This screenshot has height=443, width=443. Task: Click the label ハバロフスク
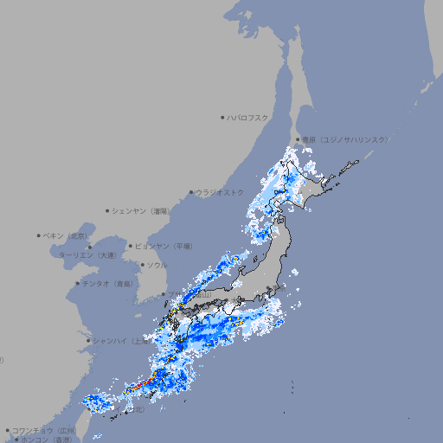pos(248,118)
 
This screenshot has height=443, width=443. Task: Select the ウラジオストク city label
pos(220,193)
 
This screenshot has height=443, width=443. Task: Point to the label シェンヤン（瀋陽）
pos(142,211)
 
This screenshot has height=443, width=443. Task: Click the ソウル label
pos(157,266)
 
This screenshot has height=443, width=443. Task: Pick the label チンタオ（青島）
pos(107,284)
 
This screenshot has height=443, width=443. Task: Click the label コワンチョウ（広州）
pos(44,430)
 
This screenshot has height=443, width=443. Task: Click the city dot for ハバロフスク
pos(222,118)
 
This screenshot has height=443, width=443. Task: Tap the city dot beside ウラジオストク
pos(191,193)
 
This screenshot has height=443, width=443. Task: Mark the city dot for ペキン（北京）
pos(39,235)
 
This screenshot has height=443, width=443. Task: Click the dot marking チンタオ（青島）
pos(78,284)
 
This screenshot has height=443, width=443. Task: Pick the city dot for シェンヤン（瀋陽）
pos(107,211)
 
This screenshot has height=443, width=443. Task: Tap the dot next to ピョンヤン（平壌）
pos(131,247)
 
